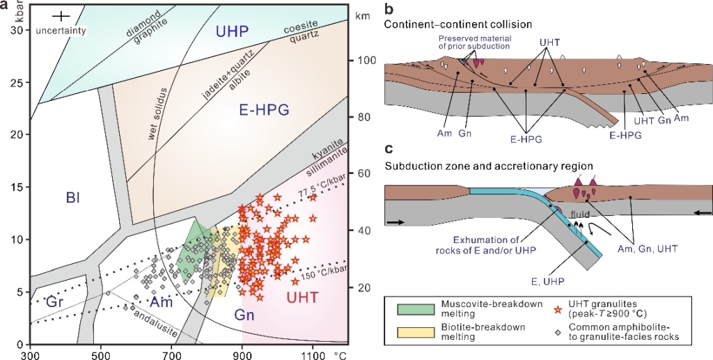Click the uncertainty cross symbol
(x=62, y=17)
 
